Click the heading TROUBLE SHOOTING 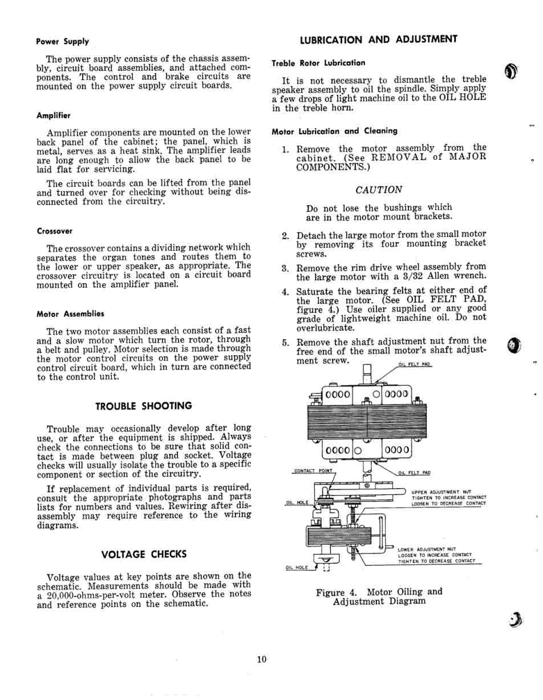pyautogui.click(x=143, y=406)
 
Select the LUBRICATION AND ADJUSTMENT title pyautogui.click(x=378, y=39)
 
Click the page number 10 pyautogui.click(x=261, y=659)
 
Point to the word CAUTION pyautogui.click(x=379, y=190)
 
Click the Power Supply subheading pyautogui.click(x=62, y=41)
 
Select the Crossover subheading pyautogui.click(x=54, y=231)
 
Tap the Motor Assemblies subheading pyautogui.click(x=70, y=313)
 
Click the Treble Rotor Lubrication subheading pyautogui.click(x=318, y=63)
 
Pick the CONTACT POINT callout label pyautogui.click(x=313, y=471)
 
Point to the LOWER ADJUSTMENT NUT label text pyautogui.click(x=427, y=549)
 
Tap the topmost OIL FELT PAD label pyautogui.click(x=415, y=364)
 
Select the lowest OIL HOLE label pyautogui.click(x=297, y=568)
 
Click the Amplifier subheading pyautogui.click(x=53, y=115)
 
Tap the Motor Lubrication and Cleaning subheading pyautogui.click(x=334, y=131)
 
